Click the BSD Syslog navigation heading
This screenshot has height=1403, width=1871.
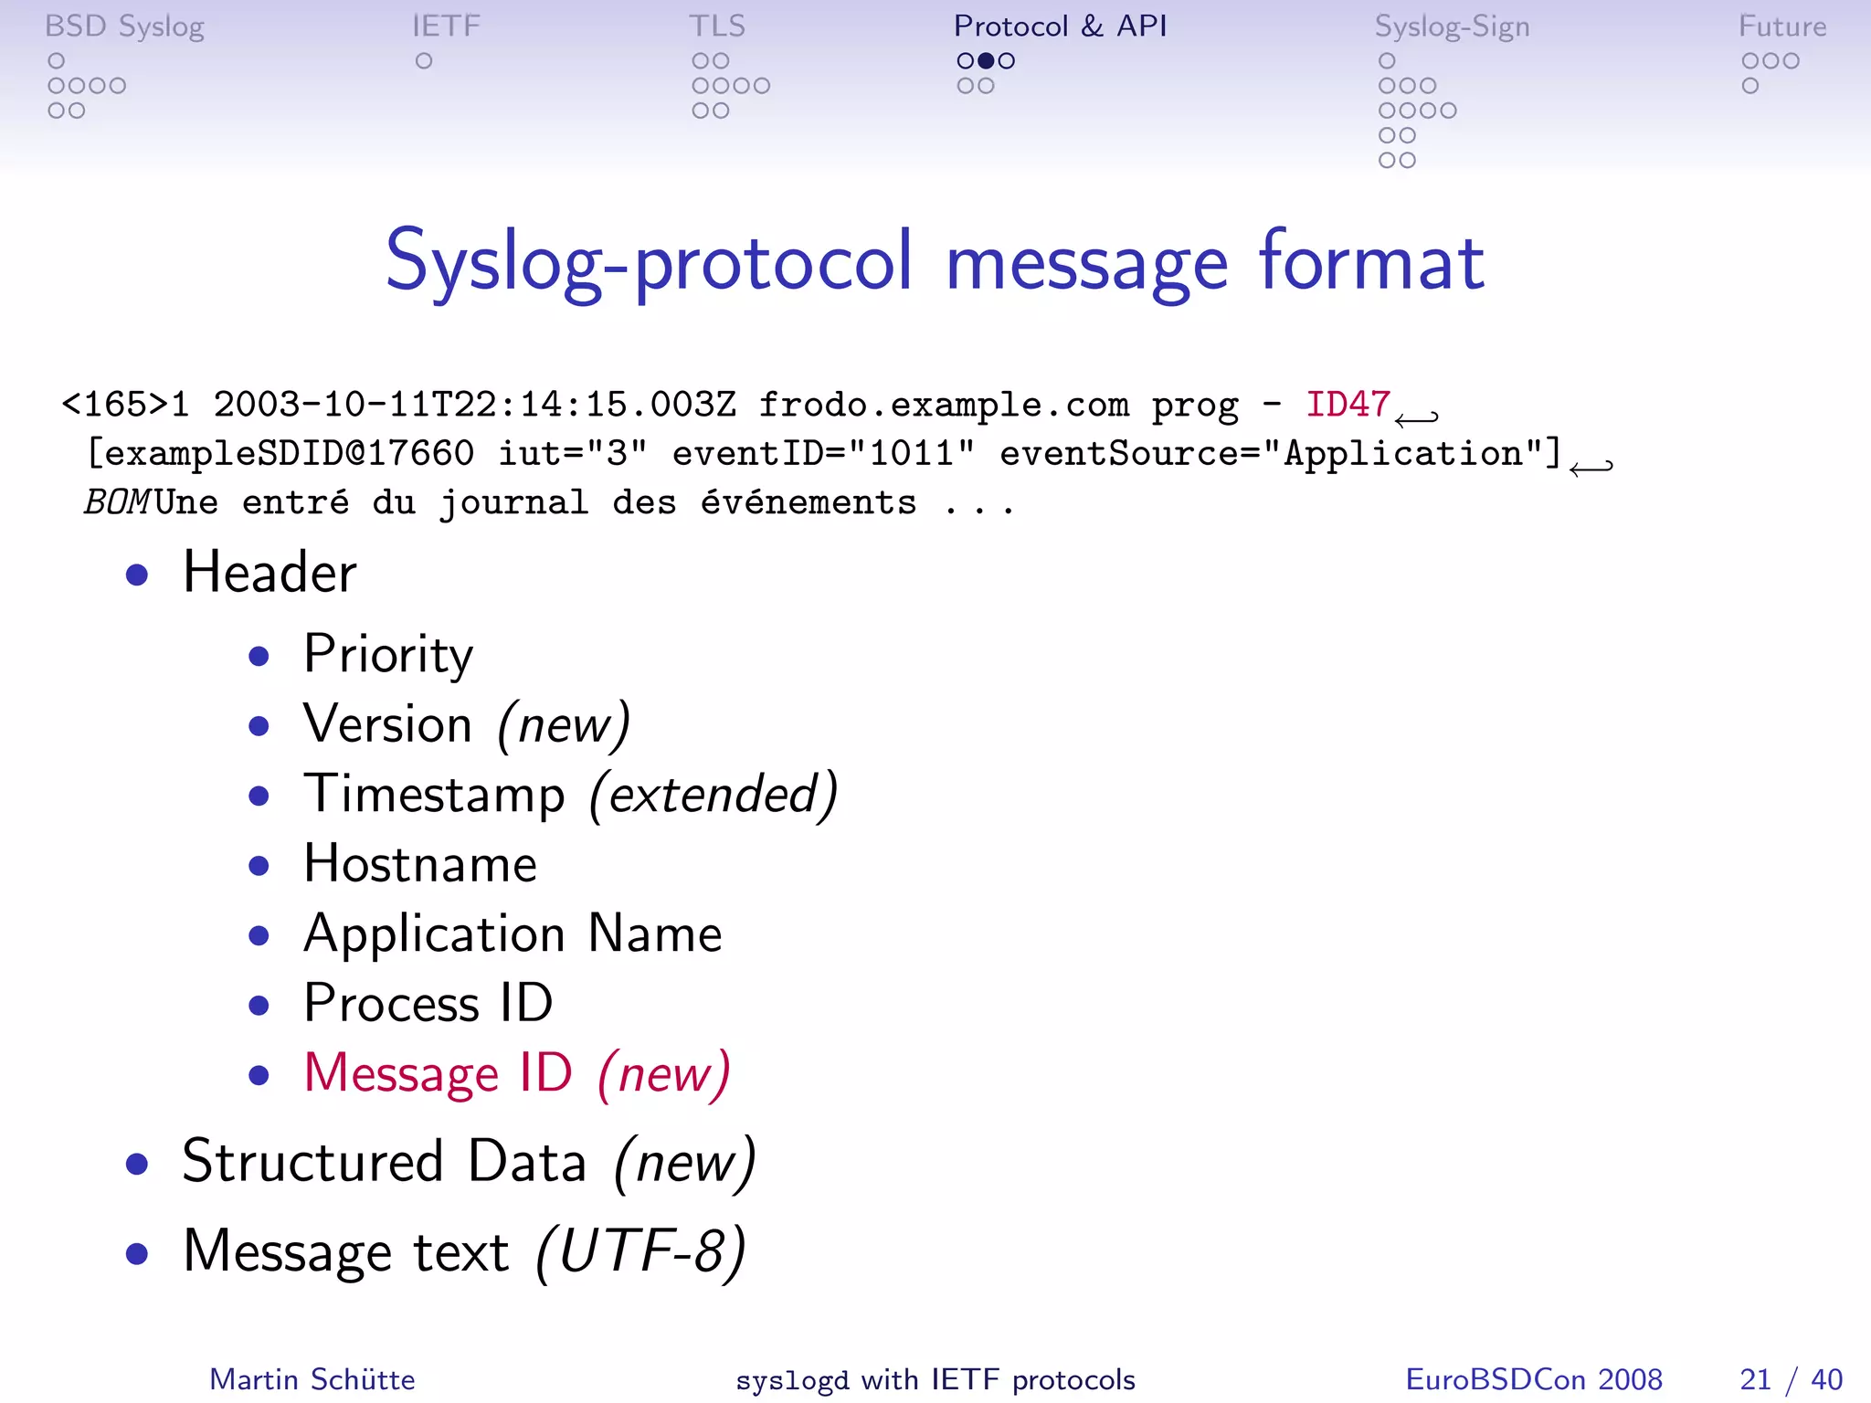pos(124,26)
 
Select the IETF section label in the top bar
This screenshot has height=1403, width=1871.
pos(446,26)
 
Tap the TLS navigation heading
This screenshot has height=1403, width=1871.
pos(717,26)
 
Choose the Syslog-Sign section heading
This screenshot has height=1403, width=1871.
pos(1452,26)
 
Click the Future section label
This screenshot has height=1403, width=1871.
pos(1781,26)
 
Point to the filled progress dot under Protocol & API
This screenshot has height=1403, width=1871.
pos(986,61)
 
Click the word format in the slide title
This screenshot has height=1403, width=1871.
pos(1371,262)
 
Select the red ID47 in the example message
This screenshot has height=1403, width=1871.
pos(1348,404)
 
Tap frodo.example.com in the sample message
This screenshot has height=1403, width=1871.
pos(944,404)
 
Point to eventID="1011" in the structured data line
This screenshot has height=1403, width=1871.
pos(823,453)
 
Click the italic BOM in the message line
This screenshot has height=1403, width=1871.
pos(117,502)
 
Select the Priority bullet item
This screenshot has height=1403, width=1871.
pos(388,654)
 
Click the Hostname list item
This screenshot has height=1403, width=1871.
pos(420,864)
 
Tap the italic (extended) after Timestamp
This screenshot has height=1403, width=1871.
pos(714,795)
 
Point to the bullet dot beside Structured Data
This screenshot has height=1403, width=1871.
pos(137,1164)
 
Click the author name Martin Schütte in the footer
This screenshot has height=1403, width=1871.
pos(312,1379)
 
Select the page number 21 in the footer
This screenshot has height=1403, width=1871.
pos(1755,1379)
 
